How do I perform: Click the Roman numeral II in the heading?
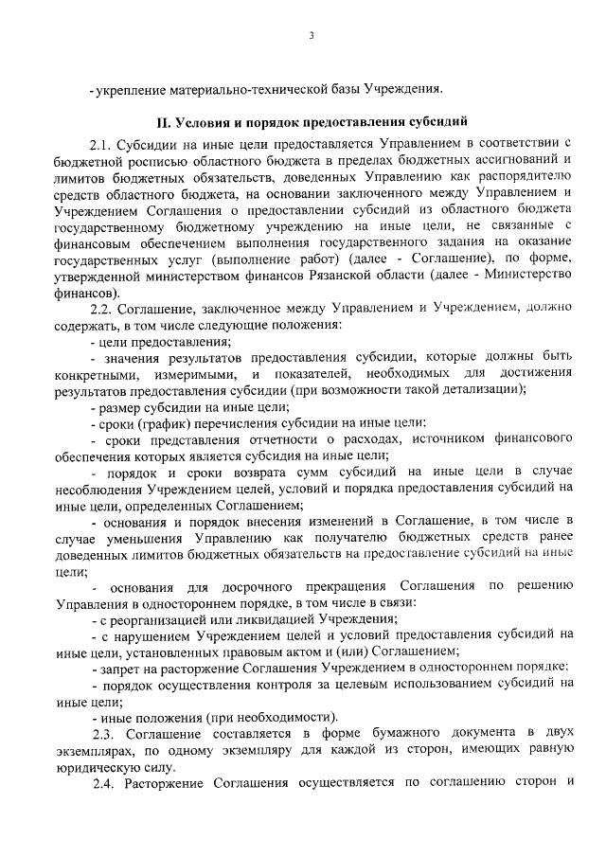pyautogui.click(x=162, y=123)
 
